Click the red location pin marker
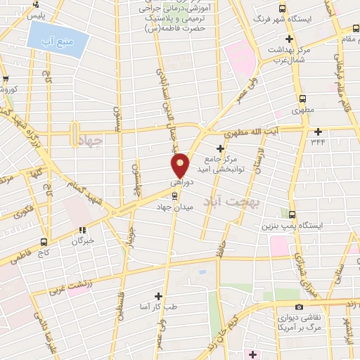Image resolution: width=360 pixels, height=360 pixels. click(181, 165)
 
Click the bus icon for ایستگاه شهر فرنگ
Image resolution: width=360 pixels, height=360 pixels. click(283, 8)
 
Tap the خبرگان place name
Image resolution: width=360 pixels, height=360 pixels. click(82, 241)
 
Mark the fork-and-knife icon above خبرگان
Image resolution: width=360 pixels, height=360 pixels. click(82, 229)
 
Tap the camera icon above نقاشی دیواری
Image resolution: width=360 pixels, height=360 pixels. click(299, 307)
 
